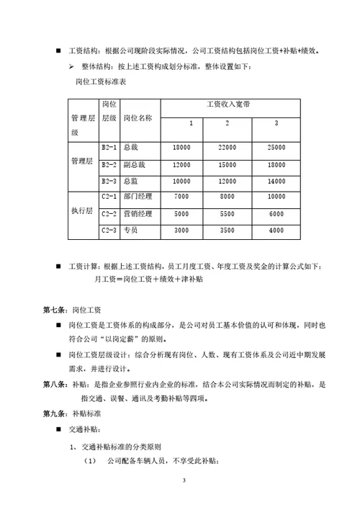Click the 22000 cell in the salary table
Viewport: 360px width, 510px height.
(x=227, y=147)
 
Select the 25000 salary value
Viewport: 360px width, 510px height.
(x=276, y=147)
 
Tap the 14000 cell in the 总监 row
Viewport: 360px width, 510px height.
(x=276, y=181)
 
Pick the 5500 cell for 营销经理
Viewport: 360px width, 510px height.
(x=227, y=214)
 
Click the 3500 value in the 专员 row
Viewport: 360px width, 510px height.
(x=227, y=231)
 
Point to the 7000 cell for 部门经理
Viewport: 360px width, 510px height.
(x=181, y=197)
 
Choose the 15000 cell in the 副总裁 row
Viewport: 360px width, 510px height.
(x=227, y=164)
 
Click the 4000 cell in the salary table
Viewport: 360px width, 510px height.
(x=276, y=231)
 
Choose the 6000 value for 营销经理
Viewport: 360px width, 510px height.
(x=276, y=214)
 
